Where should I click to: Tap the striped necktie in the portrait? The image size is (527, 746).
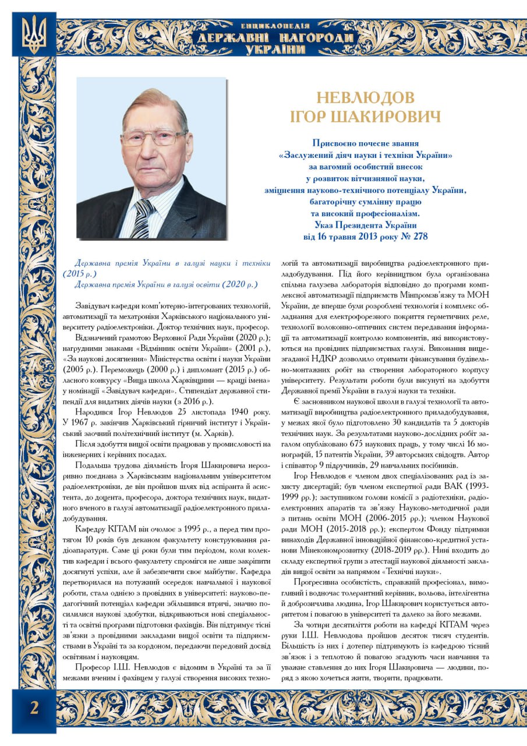(142, 218)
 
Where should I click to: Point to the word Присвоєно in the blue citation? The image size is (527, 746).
(335, 143)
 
